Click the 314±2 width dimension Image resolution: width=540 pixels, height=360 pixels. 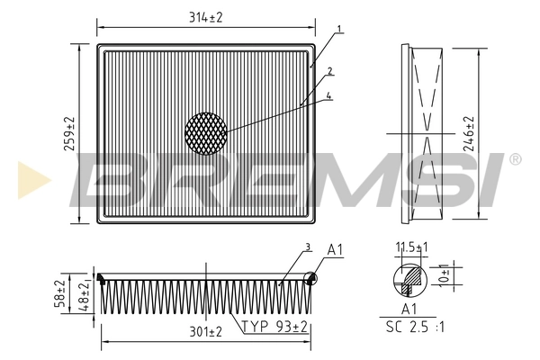click(205, 18)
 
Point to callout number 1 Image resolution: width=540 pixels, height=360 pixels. click(339, 30)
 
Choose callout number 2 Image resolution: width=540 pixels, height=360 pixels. click(330, 71)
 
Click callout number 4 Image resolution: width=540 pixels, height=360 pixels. click(330, 96)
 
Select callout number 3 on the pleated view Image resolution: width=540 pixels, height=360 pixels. click(307, 247)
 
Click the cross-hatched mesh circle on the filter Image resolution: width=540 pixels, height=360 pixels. click(206, 132)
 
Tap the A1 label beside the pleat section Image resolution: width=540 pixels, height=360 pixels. click(335, 249)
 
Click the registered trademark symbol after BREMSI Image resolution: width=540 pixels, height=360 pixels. click(515, 159)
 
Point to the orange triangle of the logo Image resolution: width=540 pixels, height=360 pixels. click(27, 177)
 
